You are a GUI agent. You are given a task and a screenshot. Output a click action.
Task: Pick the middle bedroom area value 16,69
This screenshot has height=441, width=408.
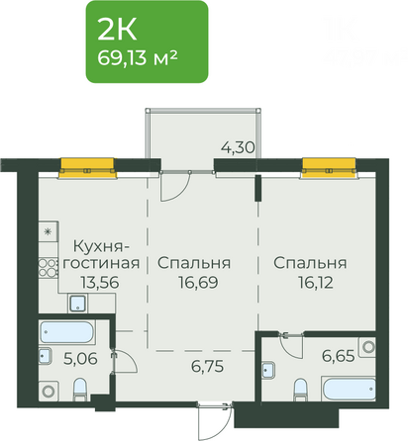coord(193,282)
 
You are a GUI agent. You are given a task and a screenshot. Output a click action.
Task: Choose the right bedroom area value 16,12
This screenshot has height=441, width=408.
coord(310,282)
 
